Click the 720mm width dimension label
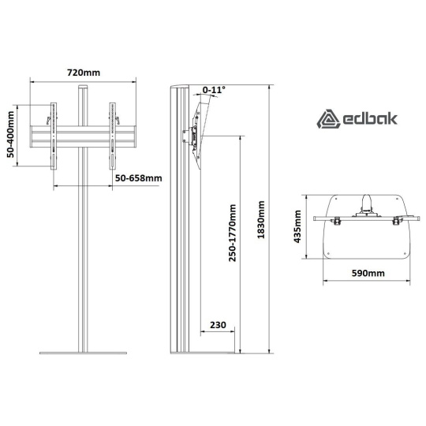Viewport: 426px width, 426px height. (84, 73)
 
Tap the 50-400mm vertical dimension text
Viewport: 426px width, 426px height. (11, 134)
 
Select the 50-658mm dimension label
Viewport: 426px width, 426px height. (139, 178)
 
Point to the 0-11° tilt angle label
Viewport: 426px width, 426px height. (214, 89)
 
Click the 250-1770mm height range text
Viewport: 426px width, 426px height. (232, 233)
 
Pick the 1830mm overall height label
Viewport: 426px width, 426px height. (261, 219)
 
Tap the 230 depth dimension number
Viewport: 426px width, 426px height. (218, 325)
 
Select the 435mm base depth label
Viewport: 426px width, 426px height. (297, 226)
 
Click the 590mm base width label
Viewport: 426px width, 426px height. (368, 273)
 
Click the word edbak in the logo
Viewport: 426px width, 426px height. (370, 119)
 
